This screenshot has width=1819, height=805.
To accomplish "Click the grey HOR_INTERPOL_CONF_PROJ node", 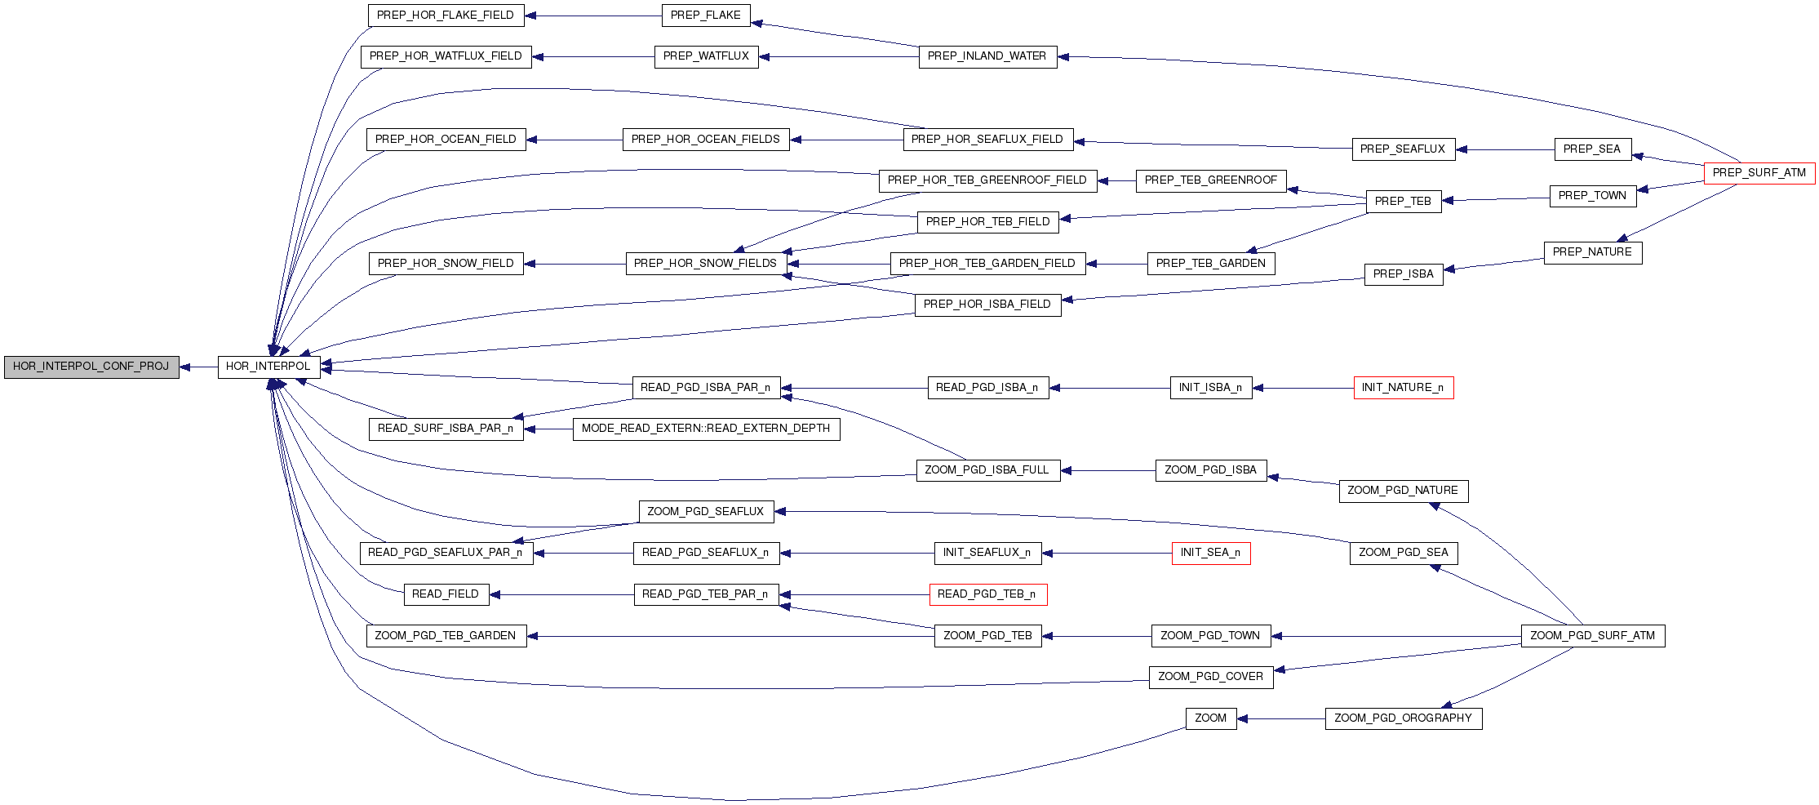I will click(91, 367).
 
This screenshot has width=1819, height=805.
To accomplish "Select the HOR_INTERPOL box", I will click(268, 367).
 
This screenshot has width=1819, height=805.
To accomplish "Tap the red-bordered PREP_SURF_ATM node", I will click(1759, 173).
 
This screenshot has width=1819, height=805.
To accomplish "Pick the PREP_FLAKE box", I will click(705, 16).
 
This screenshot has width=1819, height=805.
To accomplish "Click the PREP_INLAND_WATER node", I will click(987, 56).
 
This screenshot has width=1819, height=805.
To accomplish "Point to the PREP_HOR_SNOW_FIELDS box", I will click(705, 264).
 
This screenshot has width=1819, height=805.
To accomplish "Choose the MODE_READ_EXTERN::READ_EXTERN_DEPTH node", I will click(706, 429).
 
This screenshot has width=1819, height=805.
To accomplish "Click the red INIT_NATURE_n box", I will click(1403, 388).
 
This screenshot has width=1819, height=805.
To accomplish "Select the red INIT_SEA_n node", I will click(1210, 553).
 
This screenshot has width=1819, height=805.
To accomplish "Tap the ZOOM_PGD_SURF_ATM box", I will click(1592, 636).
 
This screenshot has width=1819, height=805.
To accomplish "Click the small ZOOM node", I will click(1210, 718).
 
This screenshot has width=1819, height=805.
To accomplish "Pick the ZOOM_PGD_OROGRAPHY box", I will click(1403, 718).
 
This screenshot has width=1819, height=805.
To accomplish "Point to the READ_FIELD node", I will click(446, 594).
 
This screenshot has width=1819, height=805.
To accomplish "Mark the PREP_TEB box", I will click(1403, 202).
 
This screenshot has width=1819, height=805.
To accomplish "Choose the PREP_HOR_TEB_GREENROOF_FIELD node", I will click(987, 180).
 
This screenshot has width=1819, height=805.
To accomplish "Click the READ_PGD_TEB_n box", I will click(987, 594).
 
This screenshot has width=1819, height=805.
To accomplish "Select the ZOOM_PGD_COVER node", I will click(1210, 677).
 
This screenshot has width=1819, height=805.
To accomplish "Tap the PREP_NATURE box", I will click(1592, 252).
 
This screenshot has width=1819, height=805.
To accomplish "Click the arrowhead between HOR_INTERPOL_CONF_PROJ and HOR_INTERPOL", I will click(185, 367).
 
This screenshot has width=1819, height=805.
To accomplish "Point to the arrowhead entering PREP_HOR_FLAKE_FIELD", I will click(530, 16).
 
